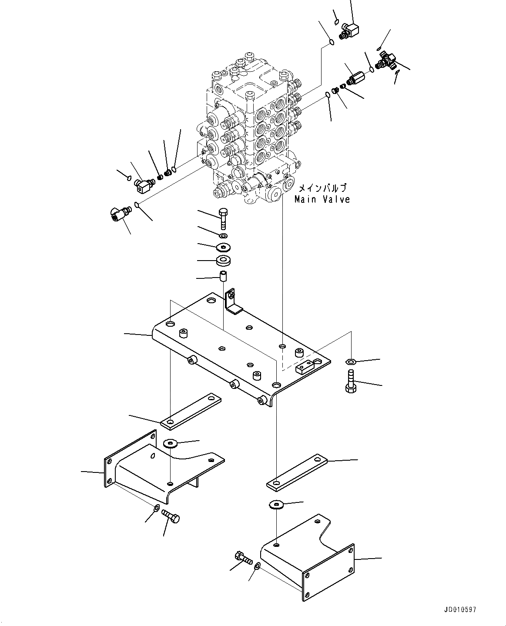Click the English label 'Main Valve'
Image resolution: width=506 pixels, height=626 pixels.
(322, 200)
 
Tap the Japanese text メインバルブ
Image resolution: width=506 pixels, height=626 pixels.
(322, 189)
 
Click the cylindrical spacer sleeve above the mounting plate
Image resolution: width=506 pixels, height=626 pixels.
(223, 276)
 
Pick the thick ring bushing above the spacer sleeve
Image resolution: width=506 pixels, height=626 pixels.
(223, 261)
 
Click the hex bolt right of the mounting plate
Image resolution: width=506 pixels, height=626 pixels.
(351, 381)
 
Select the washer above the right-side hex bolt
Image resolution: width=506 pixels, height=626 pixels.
(351, 361)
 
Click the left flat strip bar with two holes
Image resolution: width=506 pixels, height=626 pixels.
(191, 411)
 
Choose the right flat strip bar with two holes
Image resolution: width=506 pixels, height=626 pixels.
(297, 472)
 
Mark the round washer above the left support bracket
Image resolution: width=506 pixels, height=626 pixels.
(170, 443)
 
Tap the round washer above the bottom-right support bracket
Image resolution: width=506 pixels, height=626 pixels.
(276, 504)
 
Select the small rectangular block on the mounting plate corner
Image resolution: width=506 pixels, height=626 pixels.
(305, 367)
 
